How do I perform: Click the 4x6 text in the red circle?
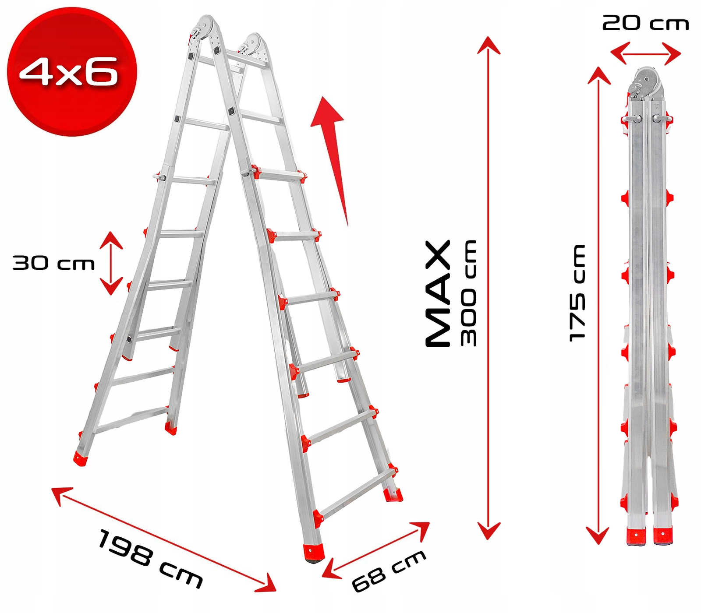(x=69, y=71)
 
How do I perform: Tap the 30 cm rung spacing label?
(x=53, y=263)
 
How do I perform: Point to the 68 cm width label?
(x=389, y=571)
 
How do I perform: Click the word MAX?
(x=438, y=293)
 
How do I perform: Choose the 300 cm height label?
(x=468, y=293)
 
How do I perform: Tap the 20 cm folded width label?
(x=645, y=23)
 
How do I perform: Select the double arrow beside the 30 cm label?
(x=111, y=263)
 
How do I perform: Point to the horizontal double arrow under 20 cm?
(x=645, y=54)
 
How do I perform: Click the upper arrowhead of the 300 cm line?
(x=489, y=46)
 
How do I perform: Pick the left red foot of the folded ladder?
(x=636, y=536)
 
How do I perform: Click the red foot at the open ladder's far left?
(x=81, y=458)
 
